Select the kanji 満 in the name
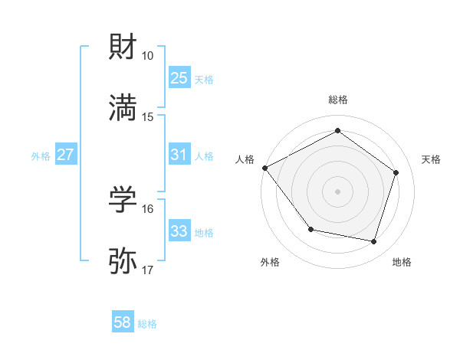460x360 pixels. tap(123, 108)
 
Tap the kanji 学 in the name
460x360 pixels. tap(123, 200)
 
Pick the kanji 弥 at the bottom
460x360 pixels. tap(123, 261)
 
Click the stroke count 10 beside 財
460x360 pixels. tap(148, 56)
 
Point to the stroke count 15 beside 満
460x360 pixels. tap(148, 116)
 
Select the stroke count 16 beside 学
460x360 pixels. tap(148, 208)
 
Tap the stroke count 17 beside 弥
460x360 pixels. tap(148, 270)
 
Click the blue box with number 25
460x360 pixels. tap(179, 78)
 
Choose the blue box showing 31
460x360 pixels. tap(179, 155)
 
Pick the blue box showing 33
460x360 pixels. tap(179, 231)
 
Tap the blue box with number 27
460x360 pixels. tap(65, 155)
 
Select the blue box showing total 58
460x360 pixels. tap(123, 323)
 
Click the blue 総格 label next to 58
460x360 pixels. tap(147, 324)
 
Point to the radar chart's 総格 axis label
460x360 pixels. tap(338, 100)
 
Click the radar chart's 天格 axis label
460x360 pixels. tap(432, 159)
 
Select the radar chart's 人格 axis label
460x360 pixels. tap(245, 159)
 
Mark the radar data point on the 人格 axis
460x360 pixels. tap(264, 168)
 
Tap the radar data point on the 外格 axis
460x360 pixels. tap(310, 229)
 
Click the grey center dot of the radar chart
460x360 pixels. tap(338, 191)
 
